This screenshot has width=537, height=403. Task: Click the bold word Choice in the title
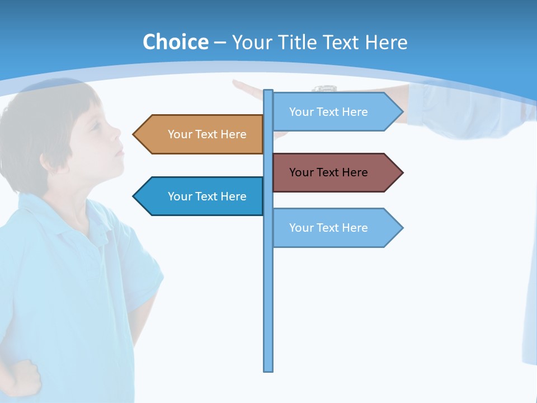(x=175, y=43)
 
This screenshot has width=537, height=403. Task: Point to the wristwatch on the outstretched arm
(x=324, y=88)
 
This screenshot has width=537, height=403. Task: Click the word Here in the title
(x=386, y=43)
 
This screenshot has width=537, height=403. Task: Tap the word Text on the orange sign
(x=206, y=134)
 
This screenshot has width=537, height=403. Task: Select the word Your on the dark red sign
(x=301, y=172)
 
